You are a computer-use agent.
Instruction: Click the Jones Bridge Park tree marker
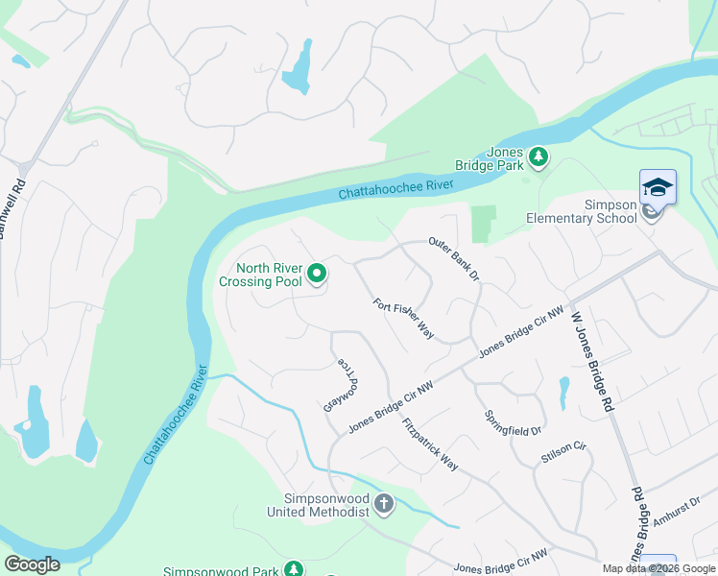tap(538, 156)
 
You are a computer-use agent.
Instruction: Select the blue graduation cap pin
tap(658, 186)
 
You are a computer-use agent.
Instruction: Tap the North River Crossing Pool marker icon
tap(317, 276)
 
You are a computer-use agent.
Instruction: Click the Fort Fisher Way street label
tap(404, 319)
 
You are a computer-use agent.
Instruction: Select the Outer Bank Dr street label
tap(454, 260)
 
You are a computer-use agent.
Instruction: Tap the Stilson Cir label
tap(563, 452)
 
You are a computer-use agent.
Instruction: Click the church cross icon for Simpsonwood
tap(383, 504)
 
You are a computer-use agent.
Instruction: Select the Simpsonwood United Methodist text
tap(318, 505)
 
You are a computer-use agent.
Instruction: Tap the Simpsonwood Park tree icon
tap(295, 569)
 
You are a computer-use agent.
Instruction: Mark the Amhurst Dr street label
tap(678, 515)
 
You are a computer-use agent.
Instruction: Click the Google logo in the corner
tap(32, 564)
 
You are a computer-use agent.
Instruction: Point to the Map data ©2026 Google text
tap(658, 568)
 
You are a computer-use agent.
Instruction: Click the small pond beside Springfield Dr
tap(563, 392)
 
